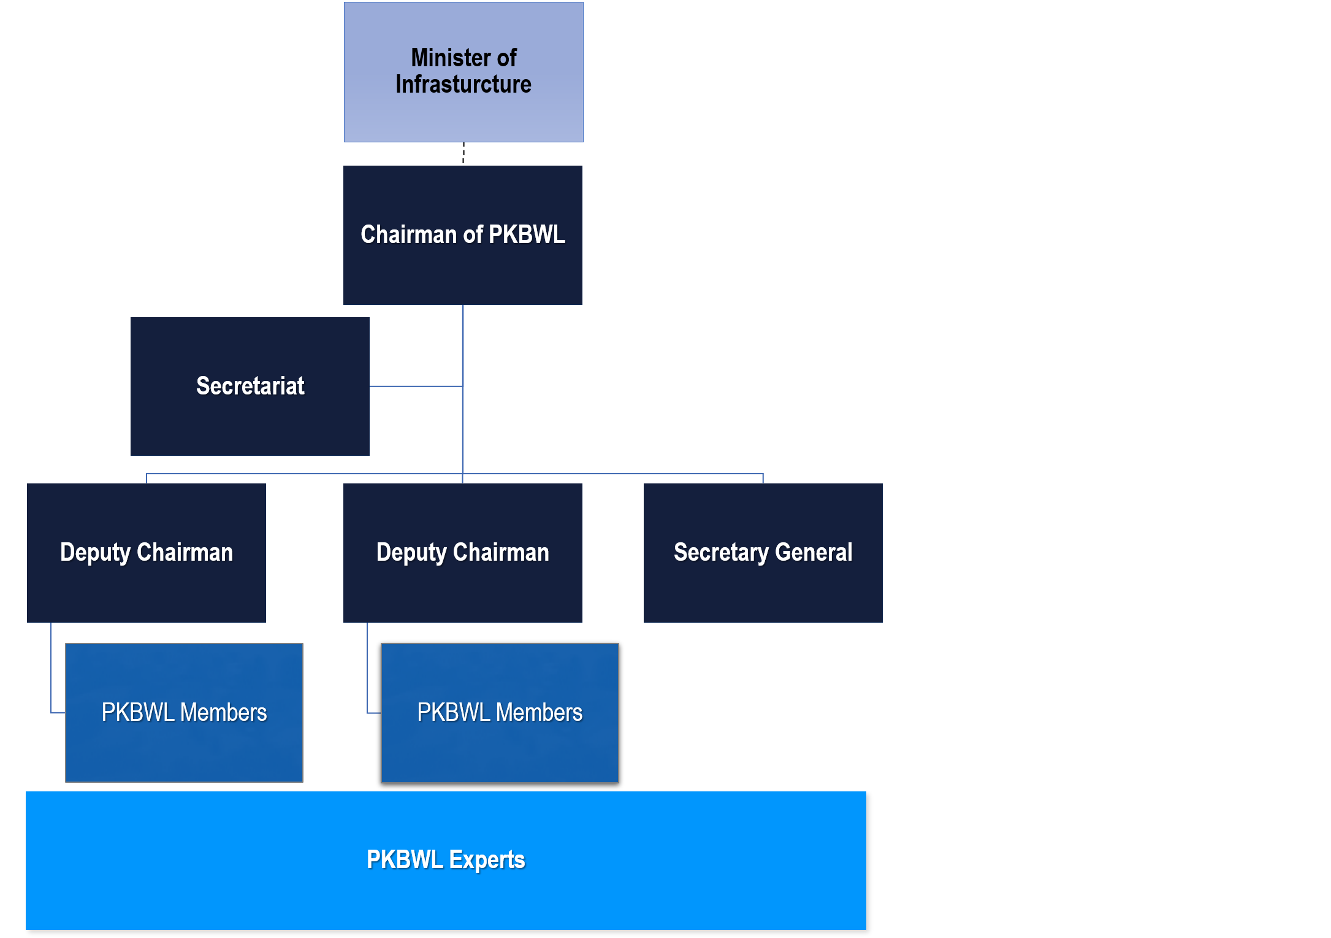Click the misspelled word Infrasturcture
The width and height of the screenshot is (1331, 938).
tap(463, 85)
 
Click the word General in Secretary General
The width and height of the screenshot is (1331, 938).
tap(814, 553)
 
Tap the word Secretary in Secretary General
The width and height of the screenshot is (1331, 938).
tap(721, 553)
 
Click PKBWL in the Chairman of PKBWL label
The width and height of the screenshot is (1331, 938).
tap(527, 235)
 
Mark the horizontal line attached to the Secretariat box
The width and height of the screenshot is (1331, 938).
tap(416, 386)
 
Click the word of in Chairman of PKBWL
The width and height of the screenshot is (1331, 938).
tap(473, 235)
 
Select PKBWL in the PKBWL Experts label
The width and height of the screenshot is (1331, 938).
tap(405, 860)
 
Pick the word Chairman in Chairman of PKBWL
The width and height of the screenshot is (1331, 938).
tap(408, 235)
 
